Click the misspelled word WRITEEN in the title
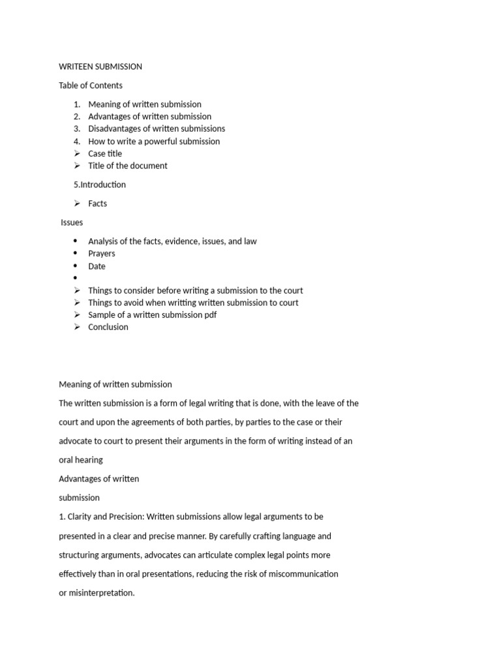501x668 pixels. click(77, 67)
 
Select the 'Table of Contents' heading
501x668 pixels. click(91, 85)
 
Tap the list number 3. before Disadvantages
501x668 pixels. click(77, 129)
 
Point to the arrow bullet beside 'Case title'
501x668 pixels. click(77, 154)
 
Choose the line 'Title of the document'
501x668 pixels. click(128, 166)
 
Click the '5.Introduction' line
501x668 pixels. click(100, 185)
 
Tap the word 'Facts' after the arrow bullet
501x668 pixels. click(98, 204)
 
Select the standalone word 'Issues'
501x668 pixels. click(72, 222)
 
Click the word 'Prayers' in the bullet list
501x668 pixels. click(102, 254)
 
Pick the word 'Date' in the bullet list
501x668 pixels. click(97, 266)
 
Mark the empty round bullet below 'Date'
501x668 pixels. click(76, 279)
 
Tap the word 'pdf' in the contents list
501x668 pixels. click(209, 314)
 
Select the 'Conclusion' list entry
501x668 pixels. click(108, 327)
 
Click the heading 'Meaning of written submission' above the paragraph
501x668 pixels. click(115, 384)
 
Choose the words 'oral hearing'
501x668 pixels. click(81, 460)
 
